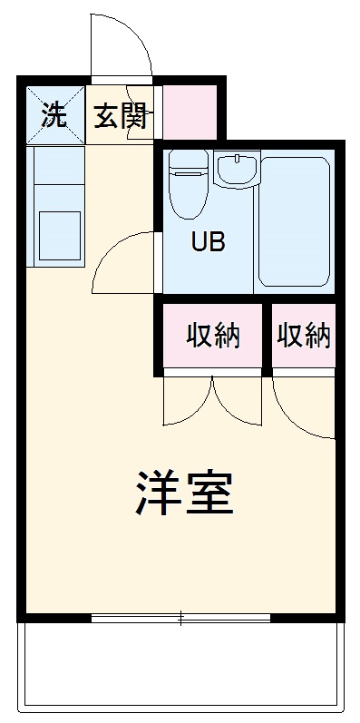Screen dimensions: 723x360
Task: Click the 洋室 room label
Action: pyautogui.click(x=185, y=493)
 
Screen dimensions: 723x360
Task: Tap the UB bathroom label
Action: pyautogui.click(x=208, y=242)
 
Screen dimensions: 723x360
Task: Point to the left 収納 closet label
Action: pyautogui.click(x=213, y=336)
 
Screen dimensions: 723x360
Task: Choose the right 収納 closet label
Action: pyautogui.click(x=304, y=336)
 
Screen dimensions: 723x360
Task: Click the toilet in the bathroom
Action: pyautogui.click(x=188, y=192)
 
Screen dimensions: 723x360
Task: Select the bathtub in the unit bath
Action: pyautogui.click(x=294, y=222)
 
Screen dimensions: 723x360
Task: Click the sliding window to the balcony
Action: pyautogui.click(x=181, y=619)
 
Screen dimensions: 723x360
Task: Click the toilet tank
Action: pyautogui.click(x=189, y=161)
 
